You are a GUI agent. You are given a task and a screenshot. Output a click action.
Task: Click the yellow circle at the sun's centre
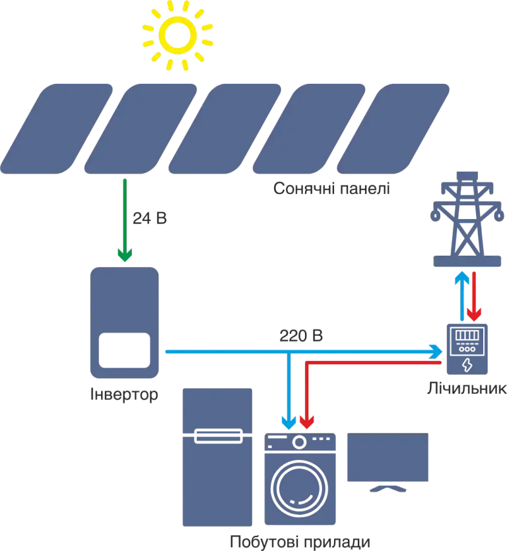[x=176, y=35]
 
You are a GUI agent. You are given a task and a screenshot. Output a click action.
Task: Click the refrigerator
[x=217, y=455]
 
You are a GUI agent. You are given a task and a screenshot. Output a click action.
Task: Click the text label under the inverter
[x=123, y=397]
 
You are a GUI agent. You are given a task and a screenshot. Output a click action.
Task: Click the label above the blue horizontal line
[x=300, y=336]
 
